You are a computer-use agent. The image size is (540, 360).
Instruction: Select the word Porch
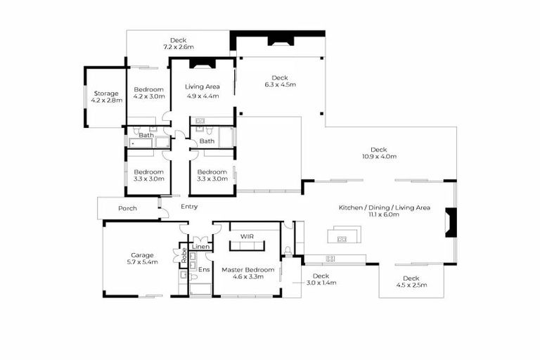pos(128,208)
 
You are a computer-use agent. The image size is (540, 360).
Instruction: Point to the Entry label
pos(189,207)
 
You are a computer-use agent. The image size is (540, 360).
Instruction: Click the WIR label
pos(247,237)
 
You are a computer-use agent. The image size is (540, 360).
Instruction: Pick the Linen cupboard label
pos(201,247)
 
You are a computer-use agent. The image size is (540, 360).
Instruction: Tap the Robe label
pos(184,255)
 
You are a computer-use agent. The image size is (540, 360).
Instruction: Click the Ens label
pos(203,269)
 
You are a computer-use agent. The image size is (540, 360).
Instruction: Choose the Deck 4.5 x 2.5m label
pos(411,282)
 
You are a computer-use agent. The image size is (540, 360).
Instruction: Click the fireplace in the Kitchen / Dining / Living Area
pos(451,224)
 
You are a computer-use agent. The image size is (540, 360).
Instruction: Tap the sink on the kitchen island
pos(342,239)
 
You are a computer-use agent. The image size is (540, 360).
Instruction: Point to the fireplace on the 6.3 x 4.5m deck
pos(279,40)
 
